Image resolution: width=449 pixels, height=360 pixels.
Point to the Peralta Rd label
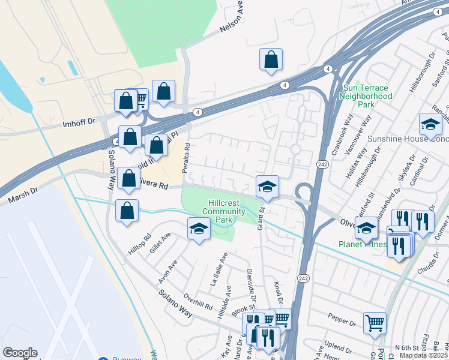click(187, 155)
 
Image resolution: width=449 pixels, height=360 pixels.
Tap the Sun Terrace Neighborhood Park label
click(367, 96)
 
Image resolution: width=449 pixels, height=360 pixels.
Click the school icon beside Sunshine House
click(430, 124)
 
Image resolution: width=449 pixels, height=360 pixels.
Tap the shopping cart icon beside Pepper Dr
click(375, 322)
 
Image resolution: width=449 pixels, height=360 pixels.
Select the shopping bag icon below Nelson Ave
click(271, 59)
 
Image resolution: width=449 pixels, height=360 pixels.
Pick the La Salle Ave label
click(219, 268)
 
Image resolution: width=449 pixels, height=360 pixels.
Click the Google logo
click(20, 353)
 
